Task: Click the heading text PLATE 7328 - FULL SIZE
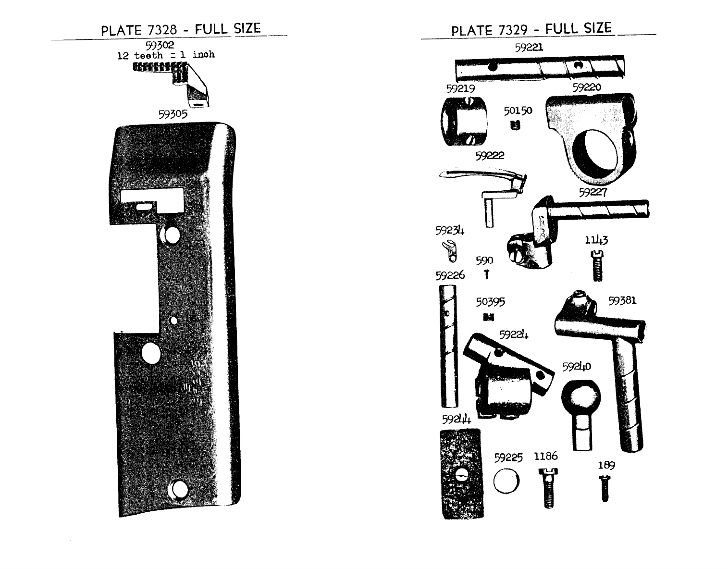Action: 181,29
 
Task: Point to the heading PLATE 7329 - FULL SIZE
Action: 531,29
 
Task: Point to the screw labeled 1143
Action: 597,266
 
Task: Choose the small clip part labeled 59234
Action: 450,251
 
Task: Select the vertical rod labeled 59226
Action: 448,346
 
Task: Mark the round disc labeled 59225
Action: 506,481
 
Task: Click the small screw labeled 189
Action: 605,489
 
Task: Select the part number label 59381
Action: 622,301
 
